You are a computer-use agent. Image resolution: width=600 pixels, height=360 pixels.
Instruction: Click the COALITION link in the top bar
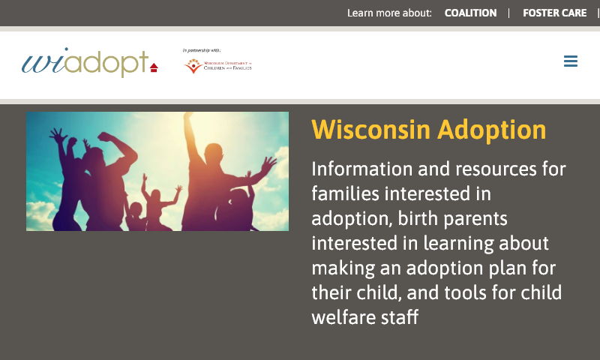click(470, 13)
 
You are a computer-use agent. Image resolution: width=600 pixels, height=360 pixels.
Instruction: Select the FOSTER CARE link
click(554, 13)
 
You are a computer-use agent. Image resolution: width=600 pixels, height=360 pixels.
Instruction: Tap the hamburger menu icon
click(571, 61)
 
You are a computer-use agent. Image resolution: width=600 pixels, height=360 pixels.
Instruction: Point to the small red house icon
click(154, 67)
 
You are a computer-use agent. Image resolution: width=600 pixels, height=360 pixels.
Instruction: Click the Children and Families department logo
click(217, 66)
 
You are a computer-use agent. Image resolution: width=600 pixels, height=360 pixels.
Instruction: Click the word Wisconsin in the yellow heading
click(370, 130)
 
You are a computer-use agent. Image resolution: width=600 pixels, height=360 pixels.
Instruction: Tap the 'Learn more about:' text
click(389, 13)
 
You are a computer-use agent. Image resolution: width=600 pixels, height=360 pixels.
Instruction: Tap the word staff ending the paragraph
click(402, 316)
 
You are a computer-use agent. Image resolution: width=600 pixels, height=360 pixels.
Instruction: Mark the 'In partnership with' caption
click(201, 50)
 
